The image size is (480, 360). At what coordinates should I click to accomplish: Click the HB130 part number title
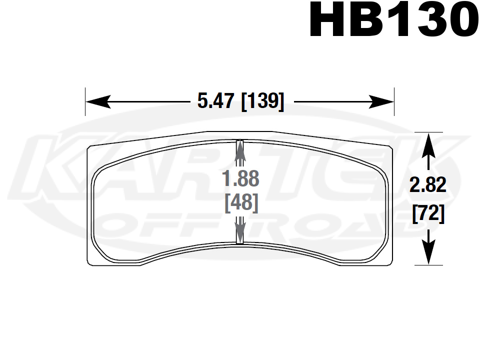[391, 20]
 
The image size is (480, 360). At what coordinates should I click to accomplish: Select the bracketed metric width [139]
[262, 102]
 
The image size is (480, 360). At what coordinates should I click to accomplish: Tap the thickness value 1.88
[240, 179]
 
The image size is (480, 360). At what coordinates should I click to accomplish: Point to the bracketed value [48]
[240, 203]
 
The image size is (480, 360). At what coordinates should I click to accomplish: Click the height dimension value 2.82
[427, 186]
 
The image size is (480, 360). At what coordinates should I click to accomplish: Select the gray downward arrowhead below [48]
[239, 236]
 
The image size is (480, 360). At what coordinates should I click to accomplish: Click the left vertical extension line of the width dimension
[85, 102]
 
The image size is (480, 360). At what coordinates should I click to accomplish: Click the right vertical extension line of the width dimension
[394, 102]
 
